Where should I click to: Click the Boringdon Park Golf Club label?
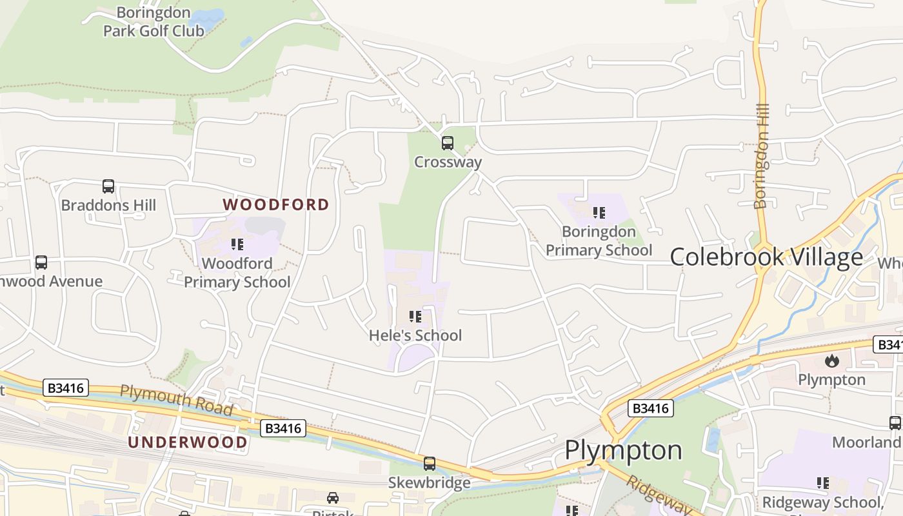click(x=154, y=21)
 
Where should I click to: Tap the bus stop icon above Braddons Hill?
click(x=108, y=186)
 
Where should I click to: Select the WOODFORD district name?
click(x=276, y=204)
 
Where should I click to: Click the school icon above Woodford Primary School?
click(x=237, y=244)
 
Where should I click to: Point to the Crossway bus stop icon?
click(x=448, y=143)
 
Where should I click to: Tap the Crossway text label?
click(x=448, y=162)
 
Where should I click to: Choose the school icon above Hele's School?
click(x=415, y=317)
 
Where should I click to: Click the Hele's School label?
click(x=415, y=335)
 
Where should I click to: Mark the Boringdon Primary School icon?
click(x=599, y=212)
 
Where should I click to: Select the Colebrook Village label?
click(x=766, y=257)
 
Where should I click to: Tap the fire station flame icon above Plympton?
click(x=832, y=361)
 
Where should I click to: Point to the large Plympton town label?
click(x=623, y=450)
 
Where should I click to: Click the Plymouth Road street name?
click(x=177, y=399)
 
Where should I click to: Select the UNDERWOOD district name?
click(x=188, y=442)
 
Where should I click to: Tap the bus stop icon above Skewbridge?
click(x=430, y=464)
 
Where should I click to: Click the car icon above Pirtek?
click(x=333, y=498)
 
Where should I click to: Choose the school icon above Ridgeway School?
click(x=823, y=483)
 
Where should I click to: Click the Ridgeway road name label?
click(x=658, y=495)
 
